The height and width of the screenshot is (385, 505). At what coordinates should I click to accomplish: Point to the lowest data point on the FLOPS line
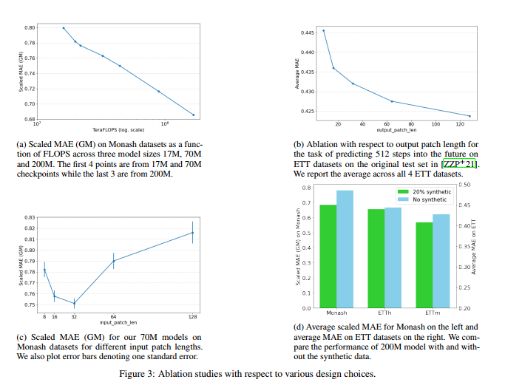click(194, 115)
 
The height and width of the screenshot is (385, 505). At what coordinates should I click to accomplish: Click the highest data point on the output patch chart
click(323, 30)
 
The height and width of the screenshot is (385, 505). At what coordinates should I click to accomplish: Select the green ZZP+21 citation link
click(459, 163)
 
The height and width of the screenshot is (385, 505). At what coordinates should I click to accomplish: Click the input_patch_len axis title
click(118, 322)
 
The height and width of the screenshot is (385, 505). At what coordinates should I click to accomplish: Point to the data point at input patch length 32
click(74, 304)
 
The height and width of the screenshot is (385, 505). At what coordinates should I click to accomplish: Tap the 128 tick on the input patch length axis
click(192, 316)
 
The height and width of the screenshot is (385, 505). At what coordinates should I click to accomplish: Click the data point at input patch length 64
click(113, 260)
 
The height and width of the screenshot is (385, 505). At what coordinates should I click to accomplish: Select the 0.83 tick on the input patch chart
click(30, 217)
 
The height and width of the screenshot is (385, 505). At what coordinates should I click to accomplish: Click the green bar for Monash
click(328, 256)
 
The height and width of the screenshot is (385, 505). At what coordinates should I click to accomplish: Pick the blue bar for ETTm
click(441, 261)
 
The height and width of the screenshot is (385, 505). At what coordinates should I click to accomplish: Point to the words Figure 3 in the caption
click(138, 374)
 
